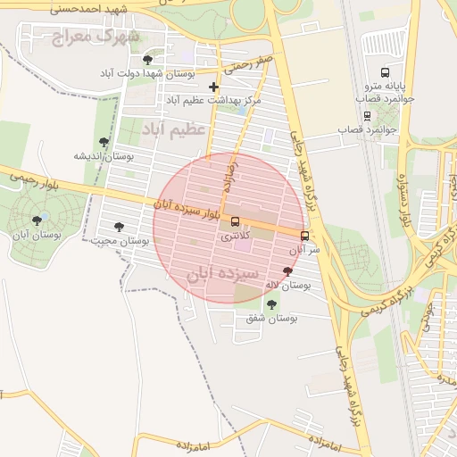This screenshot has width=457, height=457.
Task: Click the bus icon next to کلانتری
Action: pos(235,221)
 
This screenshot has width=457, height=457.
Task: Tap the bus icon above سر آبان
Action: pos(305,236)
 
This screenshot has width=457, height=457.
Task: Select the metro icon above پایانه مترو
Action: pos(385,72)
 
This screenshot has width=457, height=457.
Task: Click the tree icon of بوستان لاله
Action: pos(287,271)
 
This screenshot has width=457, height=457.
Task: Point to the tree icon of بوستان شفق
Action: pos(271,304)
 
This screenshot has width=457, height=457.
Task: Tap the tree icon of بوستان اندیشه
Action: pos(104,141)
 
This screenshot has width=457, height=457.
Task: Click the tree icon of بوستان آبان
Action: pos(37,220)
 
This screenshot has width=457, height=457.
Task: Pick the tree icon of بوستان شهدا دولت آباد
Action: pos(147,60)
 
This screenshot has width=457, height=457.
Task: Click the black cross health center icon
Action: pos(212,87)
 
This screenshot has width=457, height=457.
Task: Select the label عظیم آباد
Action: pos(173,129)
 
